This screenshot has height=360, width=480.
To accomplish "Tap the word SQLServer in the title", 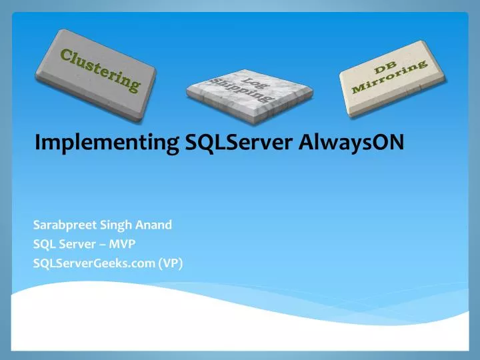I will tap(219, 142).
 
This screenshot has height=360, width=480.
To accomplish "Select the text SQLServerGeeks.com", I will tap(94, 263).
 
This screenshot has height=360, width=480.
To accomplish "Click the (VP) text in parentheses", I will tap(170, 263).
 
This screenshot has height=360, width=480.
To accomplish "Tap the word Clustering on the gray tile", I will tap(101, 70).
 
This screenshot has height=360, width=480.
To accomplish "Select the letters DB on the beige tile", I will tap(385, 69).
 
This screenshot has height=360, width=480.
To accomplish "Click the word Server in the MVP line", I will tap(75, 244).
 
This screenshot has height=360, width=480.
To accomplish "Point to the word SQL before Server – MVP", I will tap(44, 244).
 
